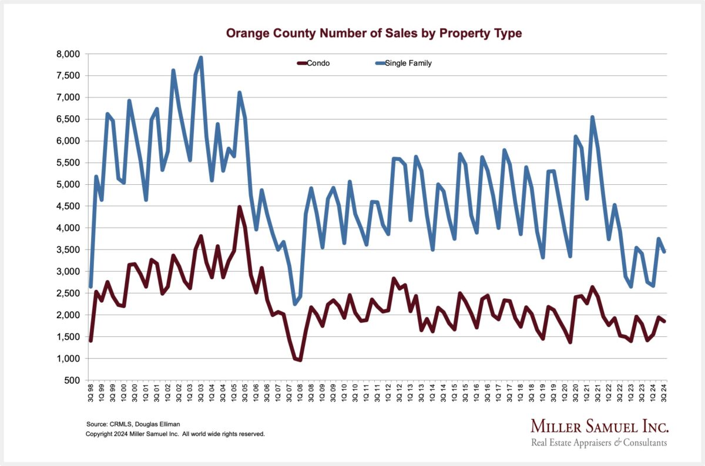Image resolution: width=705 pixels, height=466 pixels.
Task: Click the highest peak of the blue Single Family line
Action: pos(201,58)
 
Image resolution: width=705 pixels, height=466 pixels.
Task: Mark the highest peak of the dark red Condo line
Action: pos(239,207)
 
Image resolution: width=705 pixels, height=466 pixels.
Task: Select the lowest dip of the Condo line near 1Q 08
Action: pos(300,360)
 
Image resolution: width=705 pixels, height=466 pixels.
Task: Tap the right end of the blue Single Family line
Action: pos(664,252)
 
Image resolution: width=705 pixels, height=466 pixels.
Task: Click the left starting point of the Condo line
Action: pos(90,340)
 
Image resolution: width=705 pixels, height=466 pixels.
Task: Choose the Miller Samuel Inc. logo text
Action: pos(599,427)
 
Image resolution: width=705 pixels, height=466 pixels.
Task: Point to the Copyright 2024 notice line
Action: pos(175,434)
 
